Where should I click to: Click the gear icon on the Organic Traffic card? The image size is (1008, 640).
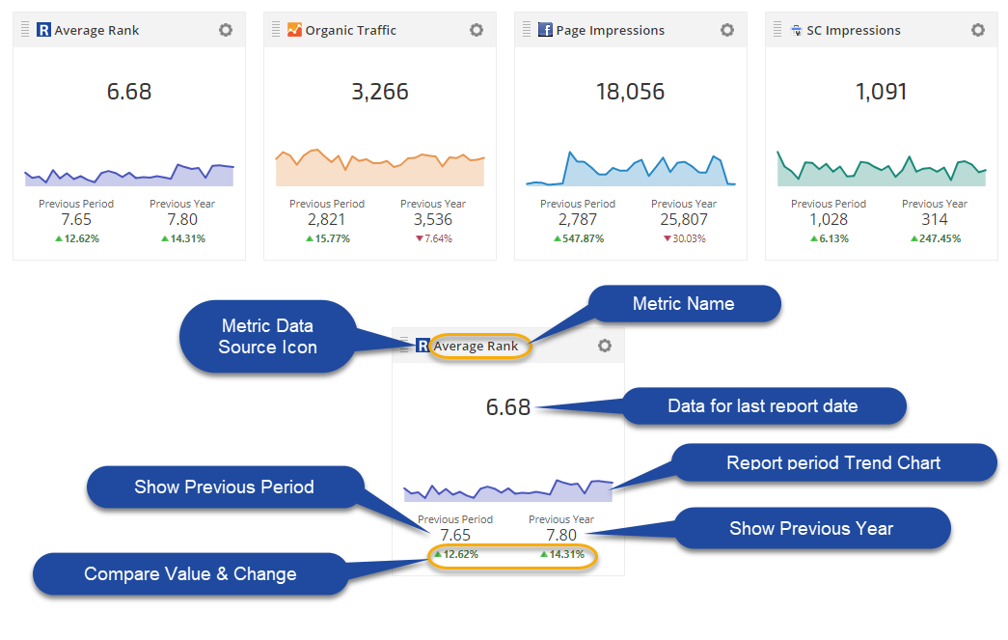(x=477, y=30)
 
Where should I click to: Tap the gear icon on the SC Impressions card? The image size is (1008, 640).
(x=978, y=30)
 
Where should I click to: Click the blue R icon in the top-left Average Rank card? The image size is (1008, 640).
(x=43, y=30)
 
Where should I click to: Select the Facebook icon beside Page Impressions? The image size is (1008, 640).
(x=545, y=30)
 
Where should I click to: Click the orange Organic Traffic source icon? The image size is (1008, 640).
(x=294, y=30)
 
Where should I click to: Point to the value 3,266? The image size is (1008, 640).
(x=380, y=93)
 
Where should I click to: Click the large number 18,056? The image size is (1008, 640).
(x=631, y=93)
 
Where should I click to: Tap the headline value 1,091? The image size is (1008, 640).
(x=882, y=93)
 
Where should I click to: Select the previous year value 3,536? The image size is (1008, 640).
(x=433, y=220)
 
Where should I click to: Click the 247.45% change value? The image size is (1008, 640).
(x=940, y=238)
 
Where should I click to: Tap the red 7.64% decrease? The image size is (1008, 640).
(x=435, y=238)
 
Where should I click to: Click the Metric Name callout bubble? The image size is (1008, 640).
(x=684, y=304)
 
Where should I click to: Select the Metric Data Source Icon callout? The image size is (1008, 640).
(x=267, y=337)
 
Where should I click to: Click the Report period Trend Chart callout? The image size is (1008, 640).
(x=833, y=462)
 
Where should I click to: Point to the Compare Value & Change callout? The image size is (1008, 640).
(x=190, y=574)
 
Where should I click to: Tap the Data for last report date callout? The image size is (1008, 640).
(x=762, y=405)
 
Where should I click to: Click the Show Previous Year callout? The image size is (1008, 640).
(x=811, y=528)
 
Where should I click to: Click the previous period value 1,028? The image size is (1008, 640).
(x=829, y=220)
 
